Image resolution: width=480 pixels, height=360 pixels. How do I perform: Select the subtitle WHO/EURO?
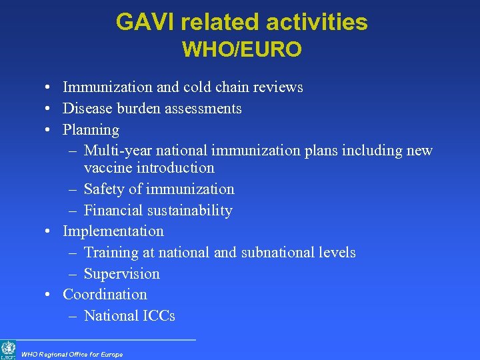241,49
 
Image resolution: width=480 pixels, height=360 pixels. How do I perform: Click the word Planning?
91,130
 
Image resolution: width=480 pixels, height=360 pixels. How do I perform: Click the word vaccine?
107,168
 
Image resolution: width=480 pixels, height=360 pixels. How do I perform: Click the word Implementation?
113,231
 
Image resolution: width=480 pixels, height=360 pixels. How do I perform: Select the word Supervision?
121,274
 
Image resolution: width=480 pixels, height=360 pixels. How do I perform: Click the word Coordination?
105,295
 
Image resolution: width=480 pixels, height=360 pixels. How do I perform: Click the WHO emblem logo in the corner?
8,349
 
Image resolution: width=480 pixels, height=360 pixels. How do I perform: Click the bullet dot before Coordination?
49,295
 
